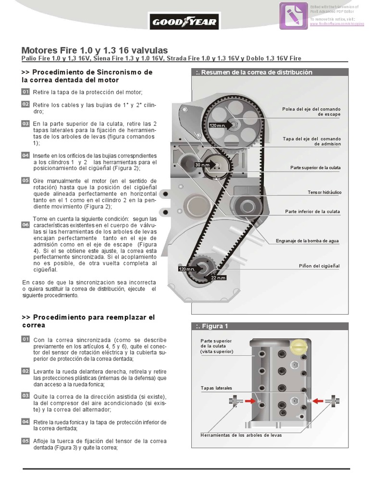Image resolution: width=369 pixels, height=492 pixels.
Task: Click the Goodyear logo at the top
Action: [184, 22]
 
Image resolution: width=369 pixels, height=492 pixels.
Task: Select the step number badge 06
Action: [25, 224]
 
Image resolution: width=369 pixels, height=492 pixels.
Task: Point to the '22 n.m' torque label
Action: [218, 278]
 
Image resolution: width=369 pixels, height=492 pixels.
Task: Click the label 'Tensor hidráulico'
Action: [324, 192]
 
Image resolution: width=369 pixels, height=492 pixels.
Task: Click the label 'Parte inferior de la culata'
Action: [312, 211]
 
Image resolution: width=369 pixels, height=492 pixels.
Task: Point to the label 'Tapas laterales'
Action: [216, 388]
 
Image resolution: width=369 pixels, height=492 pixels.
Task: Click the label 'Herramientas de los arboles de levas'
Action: [241, 435]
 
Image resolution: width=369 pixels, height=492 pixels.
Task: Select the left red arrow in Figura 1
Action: [250, 400]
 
